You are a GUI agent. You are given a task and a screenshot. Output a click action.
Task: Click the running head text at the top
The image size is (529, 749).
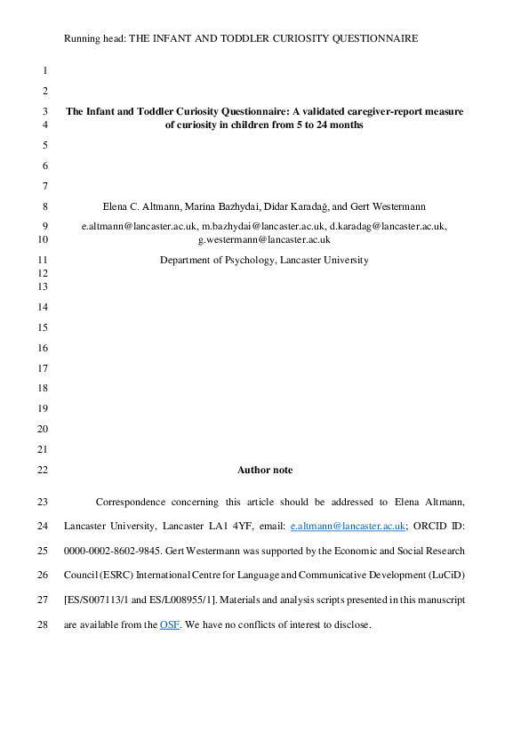point(242,39)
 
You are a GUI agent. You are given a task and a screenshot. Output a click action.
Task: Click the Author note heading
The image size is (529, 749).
point(264,470)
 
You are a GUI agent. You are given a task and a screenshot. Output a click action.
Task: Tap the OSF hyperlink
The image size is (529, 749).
point(169,625)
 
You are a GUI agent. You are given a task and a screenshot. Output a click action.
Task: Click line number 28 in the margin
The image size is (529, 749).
point(44,625)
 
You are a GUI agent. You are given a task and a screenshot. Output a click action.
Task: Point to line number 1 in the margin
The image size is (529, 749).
point(44,69)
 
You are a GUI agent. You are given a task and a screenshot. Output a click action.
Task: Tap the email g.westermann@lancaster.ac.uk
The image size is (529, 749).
point(264,238)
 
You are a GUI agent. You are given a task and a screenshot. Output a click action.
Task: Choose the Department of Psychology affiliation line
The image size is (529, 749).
point(264,261)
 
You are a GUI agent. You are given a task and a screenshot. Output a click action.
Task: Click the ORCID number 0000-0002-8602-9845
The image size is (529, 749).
point(115,552)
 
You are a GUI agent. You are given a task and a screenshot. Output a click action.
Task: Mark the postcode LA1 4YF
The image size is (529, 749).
point(217,527)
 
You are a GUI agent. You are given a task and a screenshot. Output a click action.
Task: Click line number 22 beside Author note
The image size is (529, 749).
point(44,470)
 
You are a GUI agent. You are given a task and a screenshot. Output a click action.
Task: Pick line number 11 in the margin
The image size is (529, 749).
point(44,261)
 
